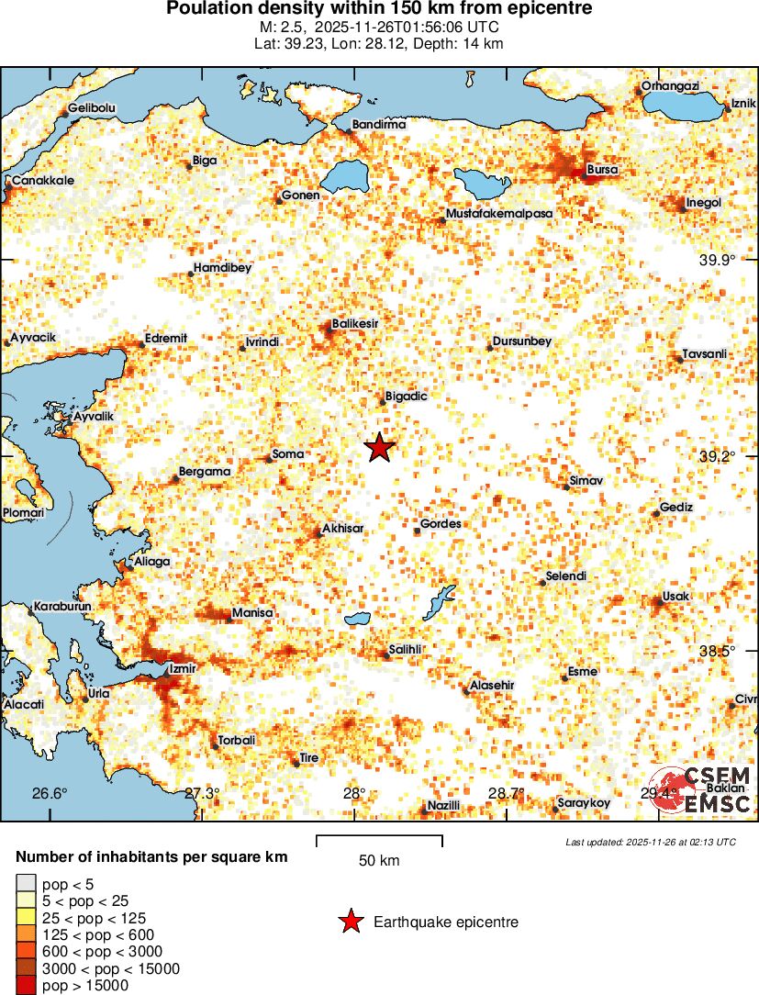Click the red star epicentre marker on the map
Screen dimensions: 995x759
[379, 448]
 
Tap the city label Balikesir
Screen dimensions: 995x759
[355, 323]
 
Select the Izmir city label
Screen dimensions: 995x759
[183, 668]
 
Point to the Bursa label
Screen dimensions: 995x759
[602, 171]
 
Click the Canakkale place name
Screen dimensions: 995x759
[43, 181]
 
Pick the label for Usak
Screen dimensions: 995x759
[675, 597]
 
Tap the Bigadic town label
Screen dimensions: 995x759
[407, 397]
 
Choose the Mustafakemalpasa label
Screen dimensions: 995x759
[499, 214]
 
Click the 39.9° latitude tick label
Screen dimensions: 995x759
[717, 261]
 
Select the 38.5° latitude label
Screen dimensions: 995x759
[717, 651]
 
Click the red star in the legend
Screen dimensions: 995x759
[350, 922]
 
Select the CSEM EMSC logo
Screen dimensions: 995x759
[703, 790]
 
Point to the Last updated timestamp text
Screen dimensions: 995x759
[650, 842]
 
